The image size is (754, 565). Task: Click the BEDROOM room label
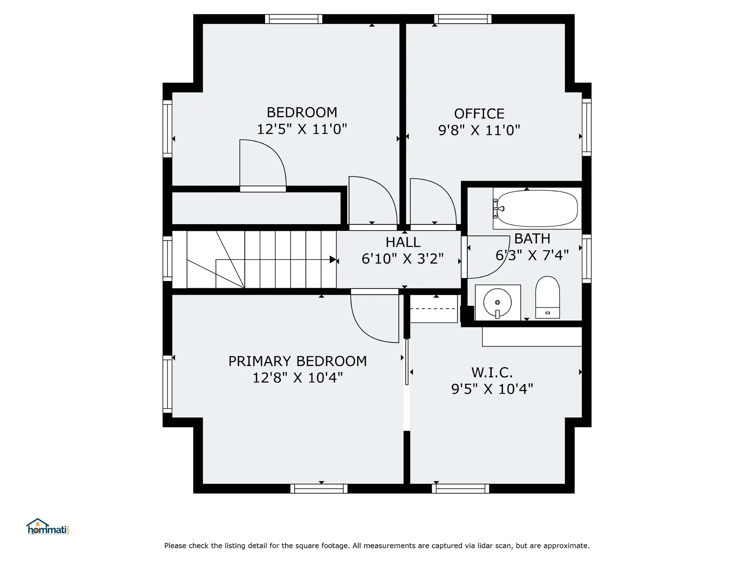pyautogui.click(x=302, y=113)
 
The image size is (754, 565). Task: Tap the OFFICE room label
pyautogui.click(x=479, y=114)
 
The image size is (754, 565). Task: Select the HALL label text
pyautogui.click(x=403, y=242)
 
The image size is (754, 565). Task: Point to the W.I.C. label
pyautogui.click(x=492, y=372)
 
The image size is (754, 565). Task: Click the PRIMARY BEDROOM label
pyautogui.click(x=298, y=361)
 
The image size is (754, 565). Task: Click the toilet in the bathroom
pyautogui.click(x=547, y=297)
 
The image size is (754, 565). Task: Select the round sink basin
pyautogui.click(x=498, y=302)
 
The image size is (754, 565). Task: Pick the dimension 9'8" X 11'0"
pyautogui.click(x=479, y=130)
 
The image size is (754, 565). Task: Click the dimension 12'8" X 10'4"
pyautogui.click(x=298, y=378)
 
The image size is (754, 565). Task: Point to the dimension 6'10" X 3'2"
pyautogui.click(x=403, y=259)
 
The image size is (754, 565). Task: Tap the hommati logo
pyautogui.click(x=48, y=527)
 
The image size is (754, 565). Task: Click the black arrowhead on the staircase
pyautogui.click(x=333, y=260)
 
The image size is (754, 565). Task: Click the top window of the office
pyautogui.click(x=463, y=19)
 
